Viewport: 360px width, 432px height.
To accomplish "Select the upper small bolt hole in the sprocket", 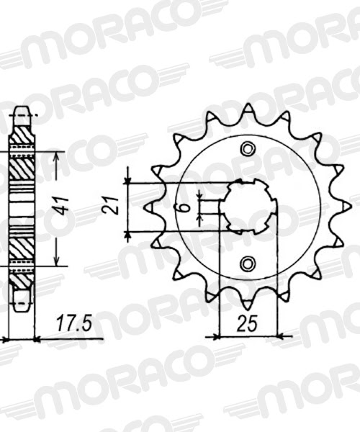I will (248, 149).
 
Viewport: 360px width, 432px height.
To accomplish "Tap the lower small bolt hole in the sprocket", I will (248, 262).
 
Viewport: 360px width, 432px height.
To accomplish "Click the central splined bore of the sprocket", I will (248, 206).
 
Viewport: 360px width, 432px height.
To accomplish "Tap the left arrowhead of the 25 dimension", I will (210, 336).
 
